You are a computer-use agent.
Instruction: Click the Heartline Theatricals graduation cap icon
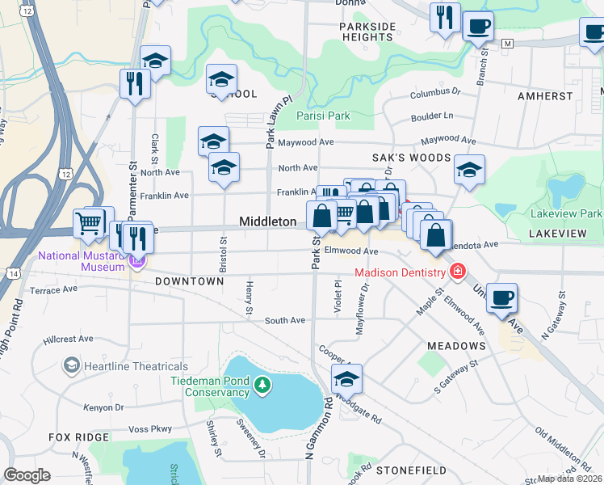pyautogui.click(x=72, y=367)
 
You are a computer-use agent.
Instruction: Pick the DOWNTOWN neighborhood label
pyautogui.click(x=189, y=281)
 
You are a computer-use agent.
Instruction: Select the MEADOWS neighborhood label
pyautogui.click(x=456, y=346)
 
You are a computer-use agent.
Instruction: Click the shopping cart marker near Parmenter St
pyautogui.click(x=90, y=222)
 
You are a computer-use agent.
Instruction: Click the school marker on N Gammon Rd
pyautogui.click(x=346, y=379)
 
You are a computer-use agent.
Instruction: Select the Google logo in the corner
pyautogui.click(x=27, y=474)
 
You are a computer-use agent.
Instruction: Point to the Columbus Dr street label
pyautogui.click(x=434, y=93)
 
